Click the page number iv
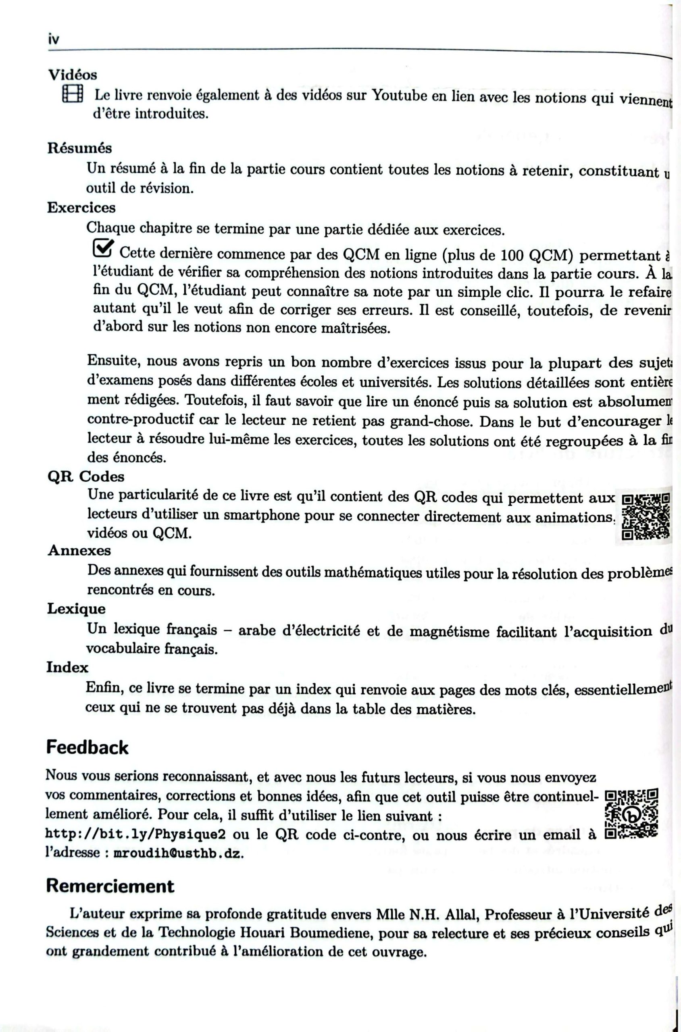click(54, 39)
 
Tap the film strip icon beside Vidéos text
click(73, 94)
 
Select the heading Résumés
click(79, 148)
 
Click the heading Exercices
click(81, 208)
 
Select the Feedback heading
click(87, 748)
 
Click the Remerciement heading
click(110, 886)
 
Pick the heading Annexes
click(79, 550)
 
